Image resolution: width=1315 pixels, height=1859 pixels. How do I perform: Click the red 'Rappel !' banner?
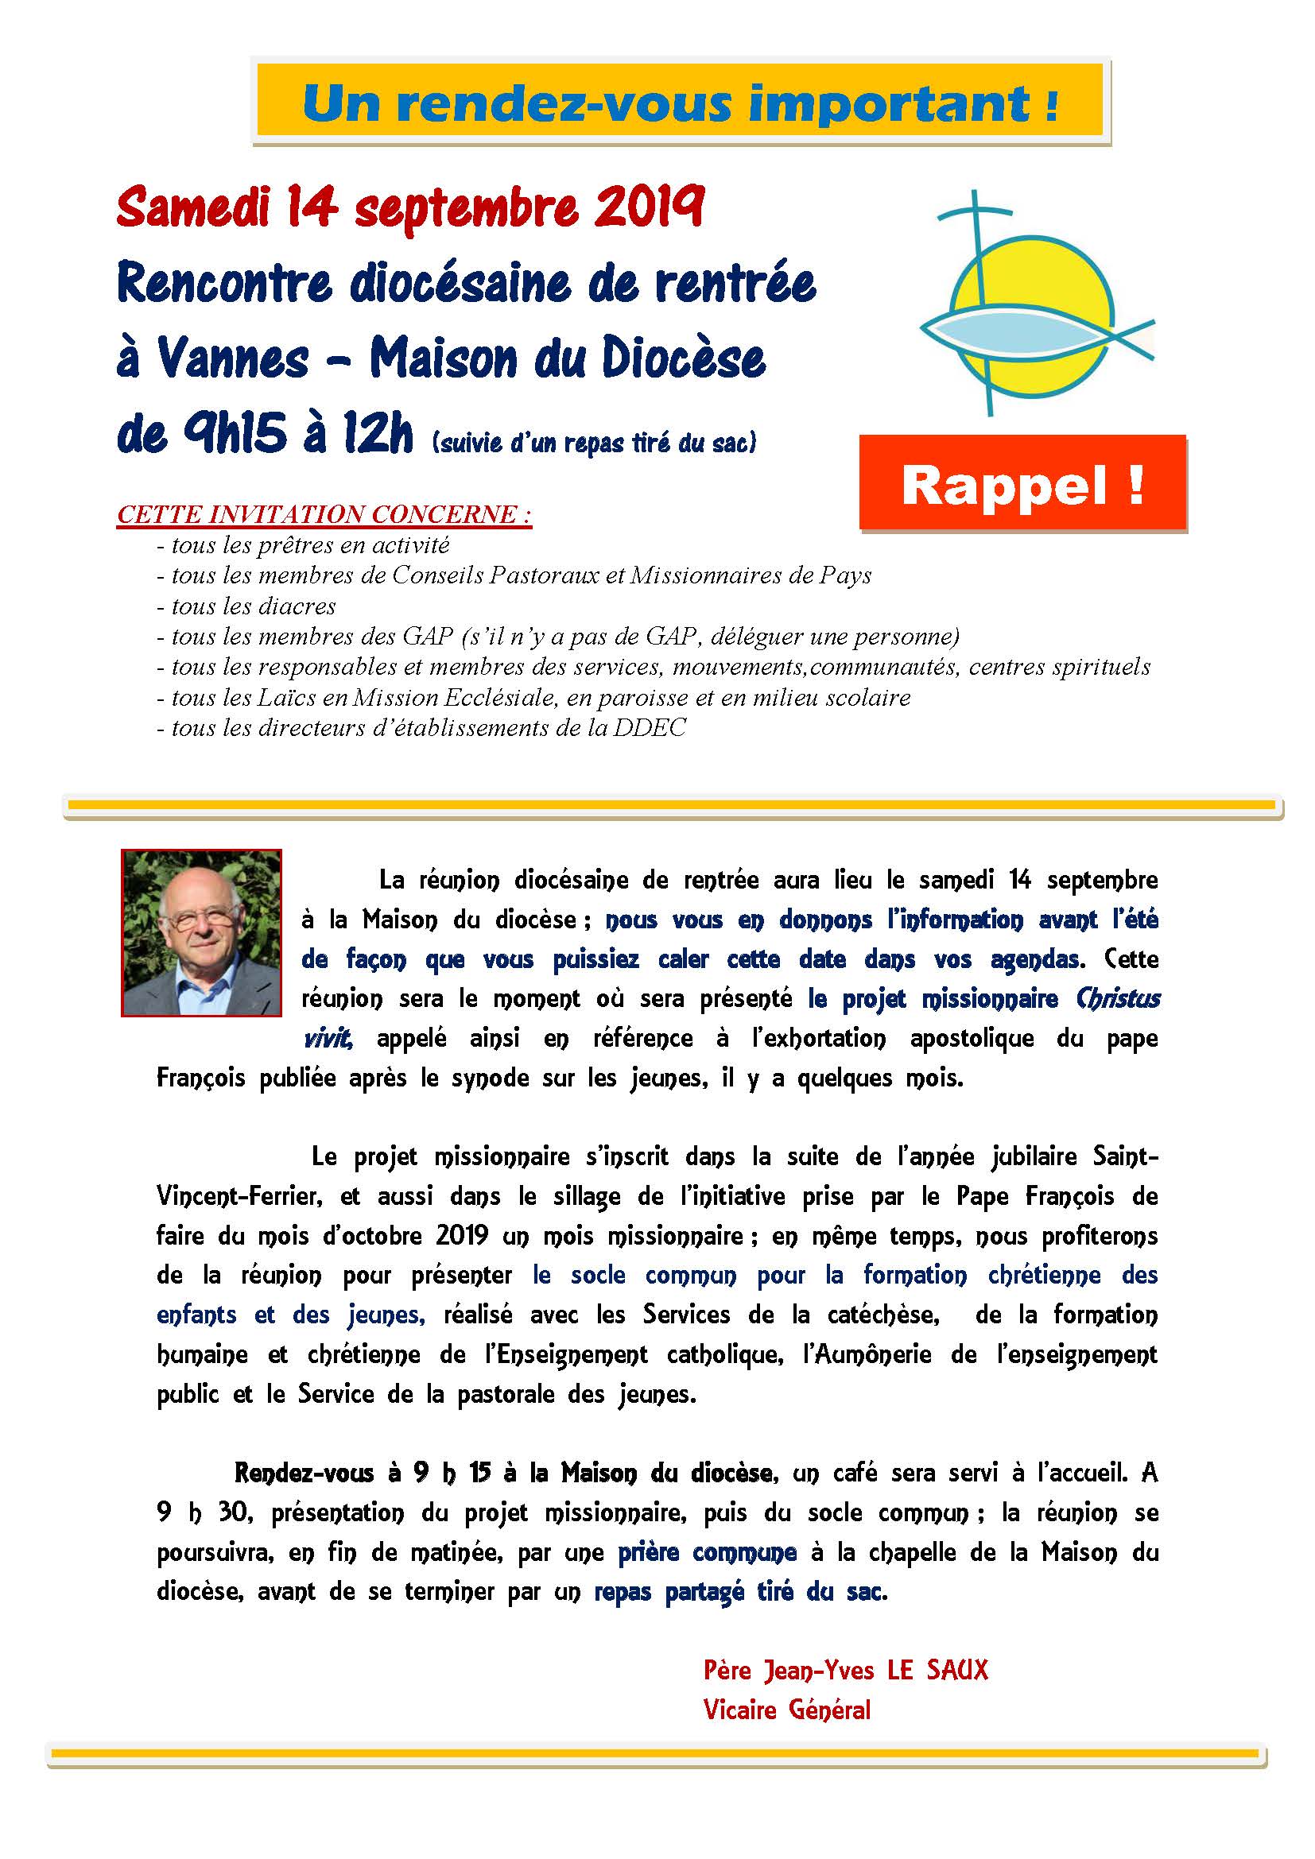(1022, 484)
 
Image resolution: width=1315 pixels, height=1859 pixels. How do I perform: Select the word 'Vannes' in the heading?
(234, 358)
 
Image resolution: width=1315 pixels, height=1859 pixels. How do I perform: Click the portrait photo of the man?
(202, 932)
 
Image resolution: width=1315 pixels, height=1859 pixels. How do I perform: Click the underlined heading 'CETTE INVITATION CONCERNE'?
(324, 515)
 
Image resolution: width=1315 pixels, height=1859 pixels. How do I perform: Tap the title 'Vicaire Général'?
(786, 1710)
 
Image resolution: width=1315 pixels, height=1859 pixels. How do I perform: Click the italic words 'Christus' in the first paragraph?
(1119, 999)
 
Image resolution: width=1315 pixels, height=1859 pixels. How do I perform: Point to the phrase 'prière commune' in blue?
(707, 1552)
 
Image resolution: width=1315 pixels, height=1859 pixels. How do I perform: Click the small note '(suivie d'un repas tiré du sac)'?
(595, 443)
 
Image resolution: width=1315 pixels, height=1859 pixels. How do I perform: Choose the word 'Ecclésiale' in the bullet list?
(478, 697)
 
